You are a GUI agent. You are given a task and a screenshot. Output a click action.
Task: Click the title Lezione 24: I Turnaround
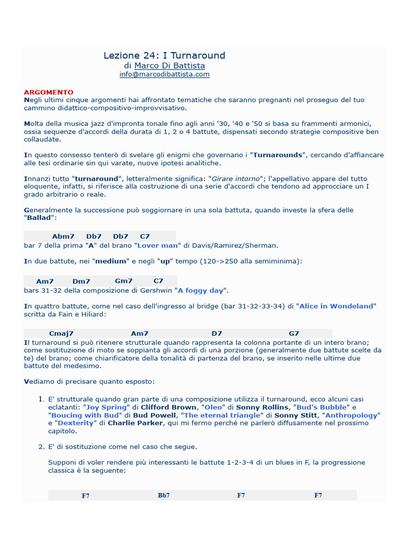164,55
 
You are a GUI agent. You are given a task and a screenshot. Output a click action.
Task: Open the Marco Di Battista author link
169,65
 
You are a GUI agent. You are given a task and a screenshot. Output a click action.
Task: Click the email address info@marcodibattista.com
164,74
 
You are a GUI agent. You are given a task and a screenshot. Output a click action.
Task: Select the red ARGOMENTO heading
49,92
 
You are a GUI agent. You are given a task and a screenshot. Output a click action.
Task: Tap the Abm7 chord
63,236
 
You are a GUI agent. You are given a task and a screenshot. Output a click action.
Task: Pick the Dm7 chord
81,281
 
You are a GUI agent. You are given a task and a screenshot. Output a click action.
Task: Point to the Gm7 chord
124,280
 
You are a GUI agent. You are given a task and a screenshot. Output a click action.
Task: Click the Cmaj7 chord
61,333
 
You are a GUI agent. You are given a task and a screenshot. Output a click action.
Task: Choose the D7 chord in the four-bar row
217,333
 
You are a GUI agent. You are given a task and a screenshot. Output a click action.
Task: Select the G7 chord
294,333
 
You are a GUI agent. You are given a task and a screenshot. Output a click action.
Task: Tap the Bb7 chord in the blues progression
164,495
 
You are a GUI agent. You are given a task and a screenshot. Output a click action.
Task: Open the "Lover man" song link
158,245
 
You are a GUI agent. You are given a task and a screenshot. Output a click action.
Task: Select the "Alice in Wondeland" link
337,306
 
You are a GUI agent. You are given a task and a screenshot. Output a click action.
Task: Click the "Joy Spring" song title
107,407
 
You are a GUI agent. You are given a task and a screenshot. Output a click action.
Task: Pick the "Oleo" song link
213,407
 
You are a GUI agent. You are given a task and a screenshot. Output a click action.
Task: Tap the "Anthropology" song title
351,415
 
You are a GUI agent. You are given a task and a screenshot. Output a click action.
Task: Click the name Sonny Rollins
263,407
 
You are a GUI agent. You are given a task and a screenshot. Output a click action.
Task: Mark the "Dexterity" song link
75,423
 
